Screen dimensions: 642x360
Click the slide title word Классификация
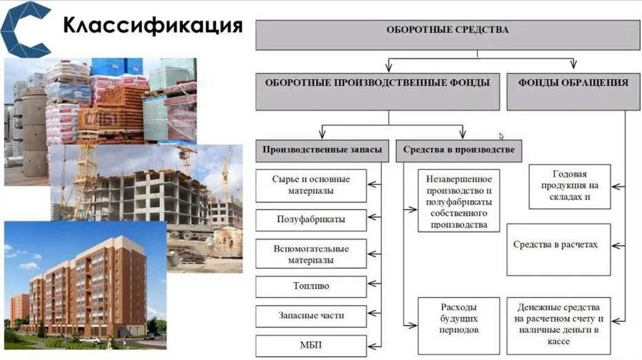[x=153, y=26]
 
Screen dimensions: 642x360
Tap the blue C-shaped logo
[x=26, y=29]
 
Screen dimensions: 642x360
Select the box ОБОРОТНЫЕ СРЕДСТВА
[x=447, y=34]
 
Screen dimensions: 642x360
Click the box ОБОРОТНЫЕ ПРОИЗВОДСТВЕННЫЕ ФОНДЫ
[x=377, y=92]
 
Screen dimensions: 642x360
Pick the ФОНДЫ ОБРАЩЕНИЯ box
[x=573, y=92]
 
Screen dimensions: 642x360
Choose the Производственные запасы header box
[x=322, y=151]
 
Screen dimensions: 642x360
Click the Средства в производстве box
[x=458, y=151]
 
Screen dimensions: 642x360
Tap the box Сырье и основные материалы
[x=311, y=185]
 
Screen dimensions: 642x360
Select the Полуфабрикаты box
[x=311, y=220]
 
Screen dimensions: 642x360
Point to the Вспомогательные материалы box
[x=311, y=254]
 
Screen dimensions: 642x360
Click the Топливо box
[x=311, y=287]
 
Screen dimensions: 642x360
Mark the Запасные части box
[x=311, y=316]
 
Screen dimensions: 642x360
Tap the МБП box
[x=311, y=346]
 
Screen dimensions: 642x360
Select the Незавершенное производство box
[x=458, y=200]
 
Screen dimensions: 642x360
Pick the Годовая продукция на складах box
[x=569, y=186]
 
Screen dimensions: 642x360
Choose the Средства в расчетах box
[x=558, y=249]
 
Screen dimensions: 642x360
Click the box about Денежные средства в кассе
[x=558, y=325]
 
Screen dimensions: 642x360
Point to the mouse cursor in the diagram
[x=502, y=136]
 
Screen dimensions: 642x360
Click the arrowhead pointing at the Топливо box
[x=372, y=287]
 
